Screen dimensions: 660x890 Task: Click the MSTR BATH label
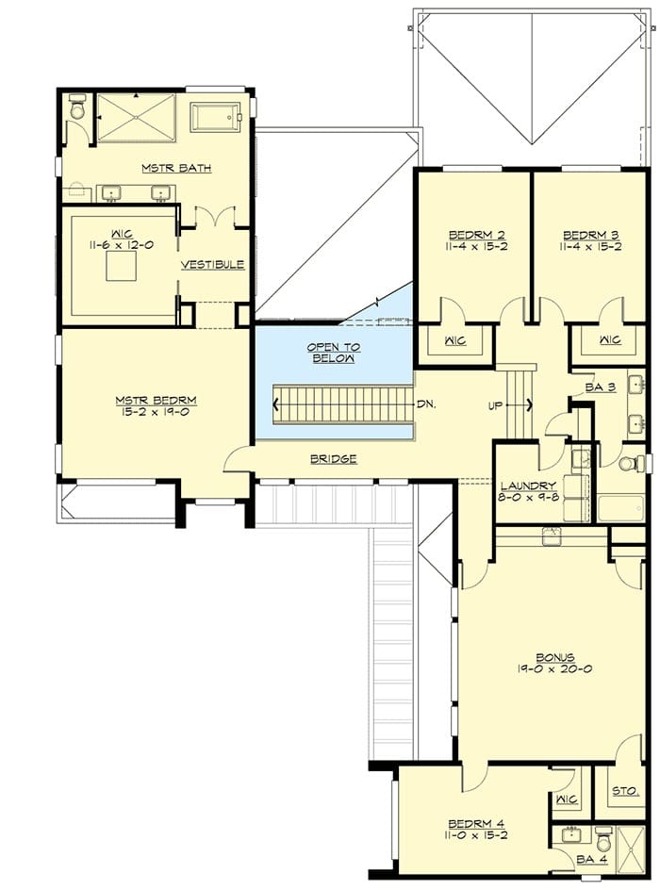[x=176, y=168]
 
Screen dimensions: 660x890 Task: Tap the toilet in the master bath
[x=77, y=107]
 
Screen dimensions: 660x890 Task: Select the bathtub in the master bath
[x=216, y=117]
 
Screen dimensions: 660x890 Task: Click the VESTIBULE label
[x=213, y=265]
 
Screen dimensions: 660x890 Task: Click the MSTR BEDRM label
[x=157, y=400]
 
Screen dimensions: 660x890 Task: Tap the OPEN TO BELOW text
[x=334, y=353]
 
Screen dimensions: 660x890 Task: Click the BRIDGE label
[x=334, y=458]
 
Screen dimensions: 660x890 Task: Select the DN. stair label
[x=426, y=404]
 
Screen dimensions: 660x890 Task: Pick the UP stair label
[x=495, y=405]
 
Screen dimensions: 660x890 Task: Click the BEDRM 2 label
[x=477, y=235]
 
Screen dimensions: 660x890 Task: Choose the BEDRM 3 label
[x=591, y=235]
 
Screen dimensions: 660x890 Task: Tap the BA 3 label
[x=601, y=387]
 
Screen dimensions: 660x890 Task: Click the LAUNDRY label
[x=528, y=486]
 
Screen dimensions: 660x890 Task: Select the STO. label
[x=626, y=791]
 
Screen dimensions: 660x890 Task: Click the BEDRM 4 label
[x=477, y=824]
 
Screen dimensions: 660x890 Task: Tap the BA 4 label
[x=592, y=859]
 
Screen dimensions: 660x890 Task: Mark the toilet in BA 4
[x=603, y=839]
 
